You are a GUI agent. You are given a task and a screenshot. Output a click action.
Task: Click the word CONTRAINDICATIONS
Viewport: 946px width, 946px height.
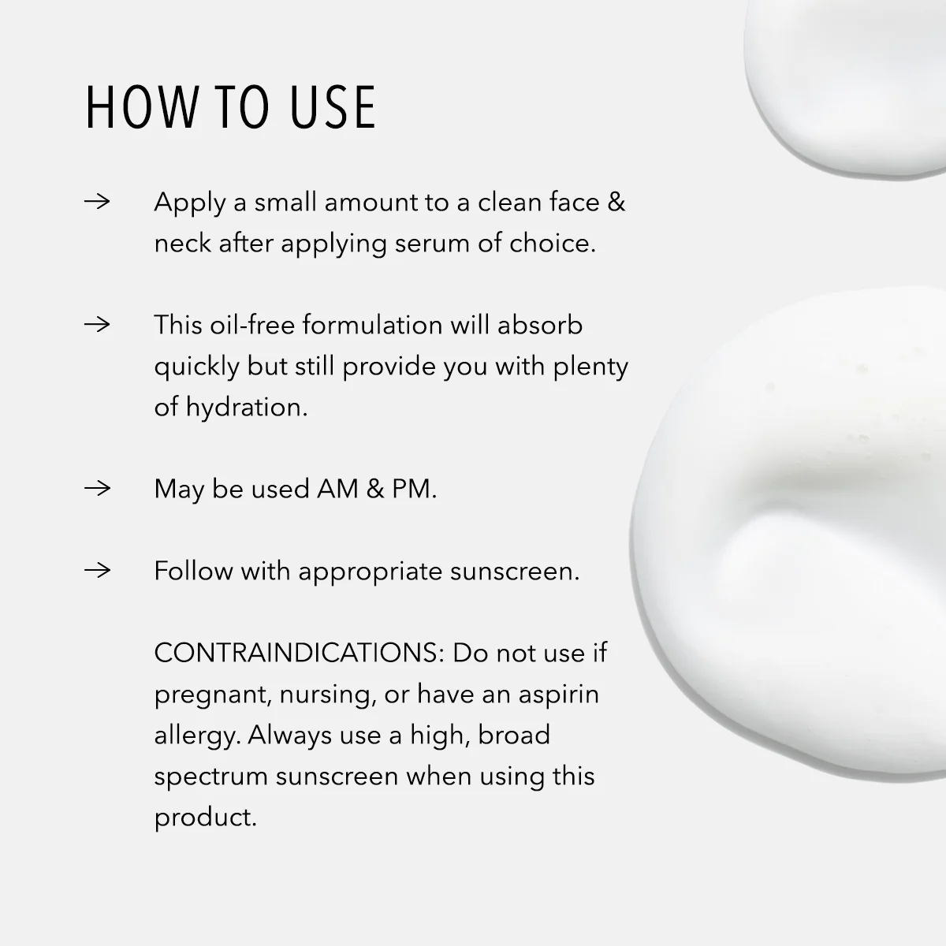(299, 653)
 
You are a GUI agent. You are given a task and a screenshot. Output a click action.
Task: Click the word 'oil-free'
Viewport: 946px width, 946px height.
(253, 325)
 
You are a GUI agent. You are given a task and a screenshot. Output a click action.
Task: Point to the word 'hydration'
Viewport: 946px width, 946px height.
(246, 408)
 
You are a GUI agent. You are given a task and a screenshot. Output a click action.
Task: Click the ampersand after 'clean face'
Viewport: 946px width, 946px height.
(616, 203)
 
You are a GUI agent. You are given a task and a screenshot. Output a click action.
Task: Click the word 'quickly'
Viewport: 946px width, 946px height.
(196, 367)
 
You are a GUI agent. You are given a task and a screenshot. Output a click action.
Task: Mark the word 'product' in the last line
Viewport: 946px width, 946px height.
(203, 818)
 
